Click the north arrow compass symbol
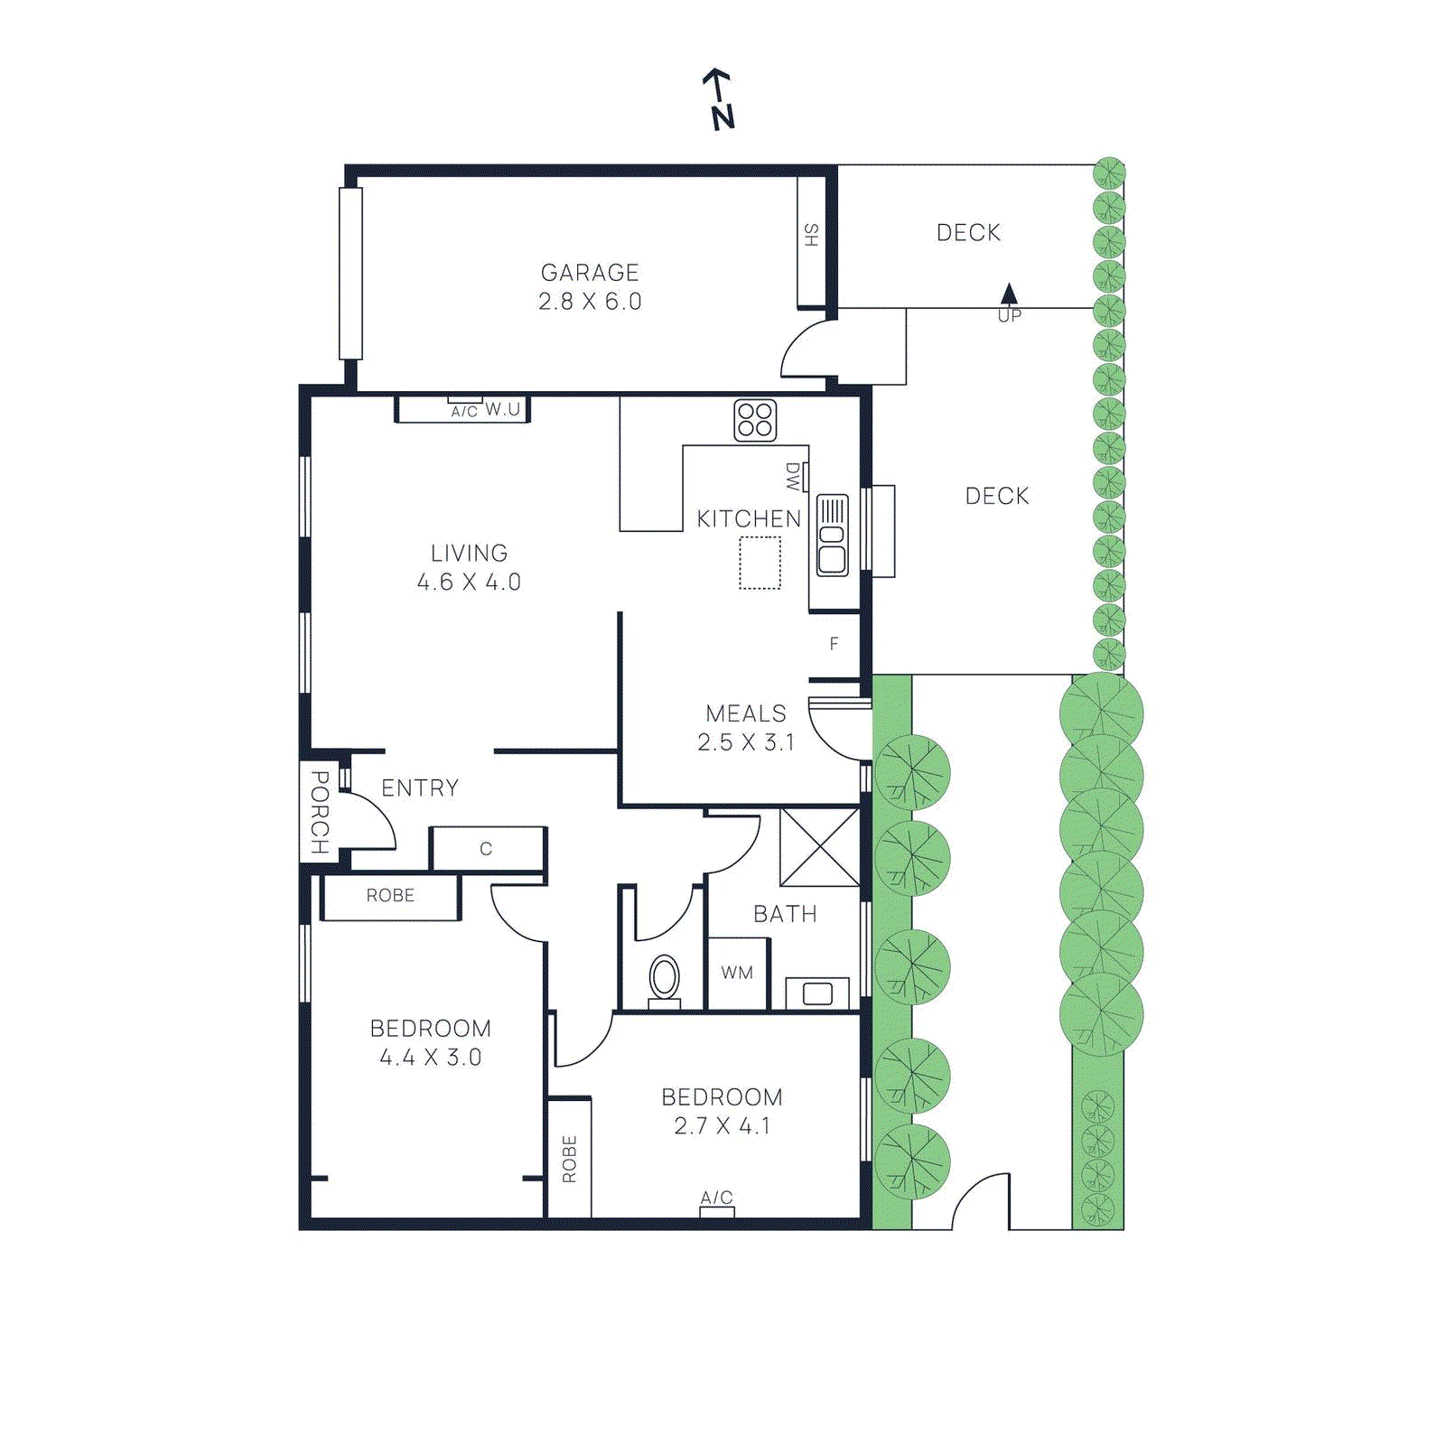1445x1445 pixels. (720, 99)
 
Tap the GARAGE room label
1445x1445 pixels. (590, 272)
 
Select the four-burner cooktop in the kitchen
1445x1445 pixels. (755, 420)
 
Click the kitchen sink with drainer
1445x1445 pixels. (832, 535)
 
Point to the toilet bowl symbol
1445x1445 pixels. (665, 979)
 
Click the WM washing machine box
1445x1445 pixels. (738, 974)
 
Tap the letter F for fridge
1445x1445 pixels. (834, 644)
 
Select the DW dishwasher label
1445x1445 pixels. (793, 477)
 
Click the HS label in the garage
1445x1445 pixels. (811, 236)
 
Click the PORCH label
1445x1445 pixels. (319, 811)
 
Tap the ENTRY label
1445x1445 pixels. (420, 788)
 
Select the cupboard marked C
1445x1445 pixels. (487, 849)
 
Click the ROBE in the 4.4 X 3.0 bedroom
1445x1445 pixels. (390, 896)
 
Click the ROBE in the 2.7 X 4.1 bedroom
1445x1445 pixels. (569, 1159)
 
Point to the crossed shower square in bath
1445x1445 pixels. (819, 847)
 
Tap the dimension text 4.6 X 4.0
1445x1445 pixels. (469, 583)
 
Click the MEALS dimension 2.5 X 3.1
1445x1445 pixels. (746, 742)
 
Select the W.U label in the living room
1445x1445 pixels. (503, 409)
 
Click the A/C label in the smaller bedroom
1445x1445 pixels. (717, 1198)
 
